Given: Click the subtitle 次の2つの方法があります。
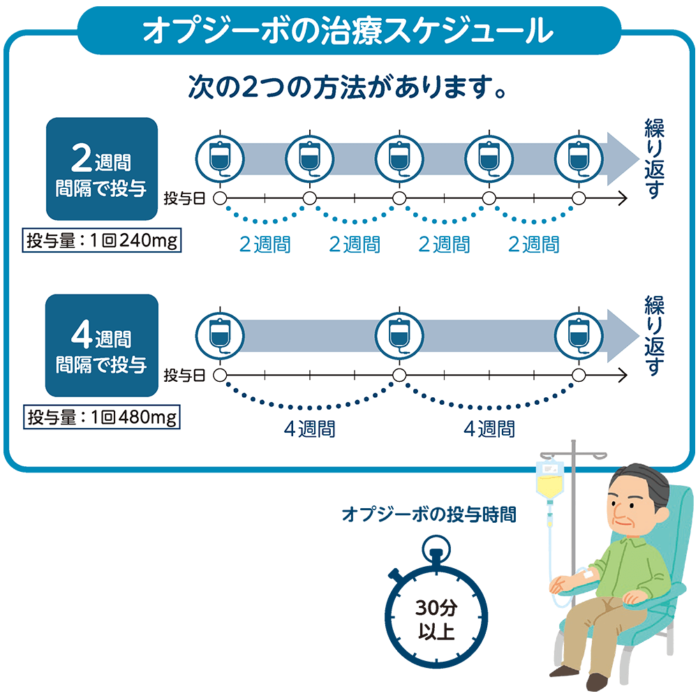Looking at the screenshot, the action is (x=347, y=89).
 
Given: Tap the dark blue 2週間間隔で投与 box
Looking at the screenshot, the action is (x=102, y=168).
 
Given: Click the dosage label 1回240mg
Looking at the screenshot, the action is (x=103, y=242).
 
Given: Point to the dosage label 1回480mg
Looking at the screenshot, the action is (x=103, y=418).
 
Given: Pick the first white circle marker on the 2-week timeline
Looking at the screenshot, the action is (x=220, y=199).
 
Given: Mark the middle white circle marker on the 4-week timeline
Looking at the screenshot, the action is (x=399, y=376).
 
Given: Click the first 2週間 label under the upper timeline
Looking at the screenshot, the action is (x=265, y=244).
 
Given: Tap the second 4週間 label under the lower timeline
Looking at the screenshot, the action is (x=489, y=428).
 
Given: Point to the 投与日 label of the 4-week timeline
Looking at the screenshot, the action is (x=184, y=376).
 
